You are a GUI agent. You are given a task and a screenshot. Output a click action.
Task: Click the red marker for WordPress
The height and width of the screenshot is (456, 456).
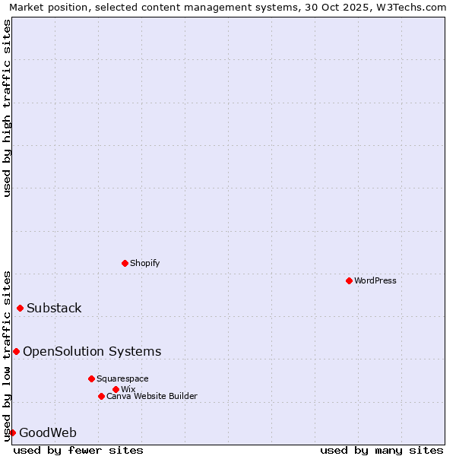click(x=349, y=280)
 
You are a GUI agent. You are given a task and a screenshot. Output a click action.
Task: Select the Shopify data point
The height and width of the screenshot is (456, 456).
click(x=125, y=263)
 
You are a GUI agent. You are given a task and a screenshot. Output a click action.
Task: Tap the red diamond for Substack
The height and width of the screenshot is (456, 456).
click(x=20, y=308)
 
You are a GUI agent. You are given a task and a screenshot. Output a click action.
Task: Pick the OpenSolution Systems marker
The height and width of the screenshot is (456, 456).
click(x=16, y=351)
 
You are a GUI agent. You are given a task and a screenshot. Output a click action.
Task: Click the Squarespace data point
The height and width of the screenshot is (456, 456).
click(x=91, y=378)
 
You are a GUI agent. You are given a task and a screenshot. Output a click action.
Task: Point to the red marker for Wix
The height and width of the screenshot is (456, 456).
click(x=116, y=389)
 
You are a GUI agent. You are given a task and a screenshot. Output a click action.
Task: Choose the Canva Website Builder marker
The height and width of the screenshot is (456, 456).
click(x=101, y=396)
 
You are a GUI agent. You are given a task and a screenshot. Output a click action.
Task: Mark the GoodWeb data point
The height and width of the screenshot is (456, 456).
click(x=12, y=432)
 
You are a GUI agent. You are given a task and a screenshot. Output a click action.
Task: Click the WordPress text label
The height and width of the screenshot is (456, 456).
click(x=375, y=280)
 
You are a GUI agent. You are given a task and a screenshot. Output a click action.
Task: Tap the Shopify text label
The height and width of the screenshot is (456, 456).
click(x=144, y=263)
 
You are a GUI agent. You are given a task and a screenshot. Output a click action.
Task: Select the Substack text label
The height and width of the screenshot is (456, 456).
click(x=54, y=308)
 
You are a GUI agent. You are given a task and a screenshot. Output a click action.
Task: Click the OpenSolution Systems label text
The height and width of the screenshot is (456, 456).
click(x=92, y=351)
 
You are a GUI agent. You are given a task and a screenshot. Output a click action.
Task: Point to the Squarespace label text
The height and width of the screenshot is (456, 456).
click(x=122, y=378)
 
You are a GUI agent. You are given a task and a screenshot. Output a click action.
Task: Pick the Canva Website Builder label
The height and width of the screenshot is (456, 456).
click(x=151, y=396)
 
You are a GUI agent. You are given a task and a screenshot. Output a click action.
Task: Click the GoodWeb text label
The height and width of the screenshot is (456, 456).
click(x=48, y=433)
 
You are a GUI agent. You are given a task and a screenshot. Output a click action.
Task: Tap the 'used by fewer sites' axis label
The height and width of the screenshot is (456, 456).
click(x=78, y=450)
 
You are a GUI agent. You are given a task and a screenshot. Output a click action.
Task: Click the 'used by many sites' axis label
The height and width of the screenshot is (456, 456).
click(x=382, y=450)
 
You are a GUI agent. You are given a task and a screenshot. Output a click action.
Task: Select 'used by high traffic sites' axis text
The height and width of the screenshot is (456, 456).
click(x=7, y=108)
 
